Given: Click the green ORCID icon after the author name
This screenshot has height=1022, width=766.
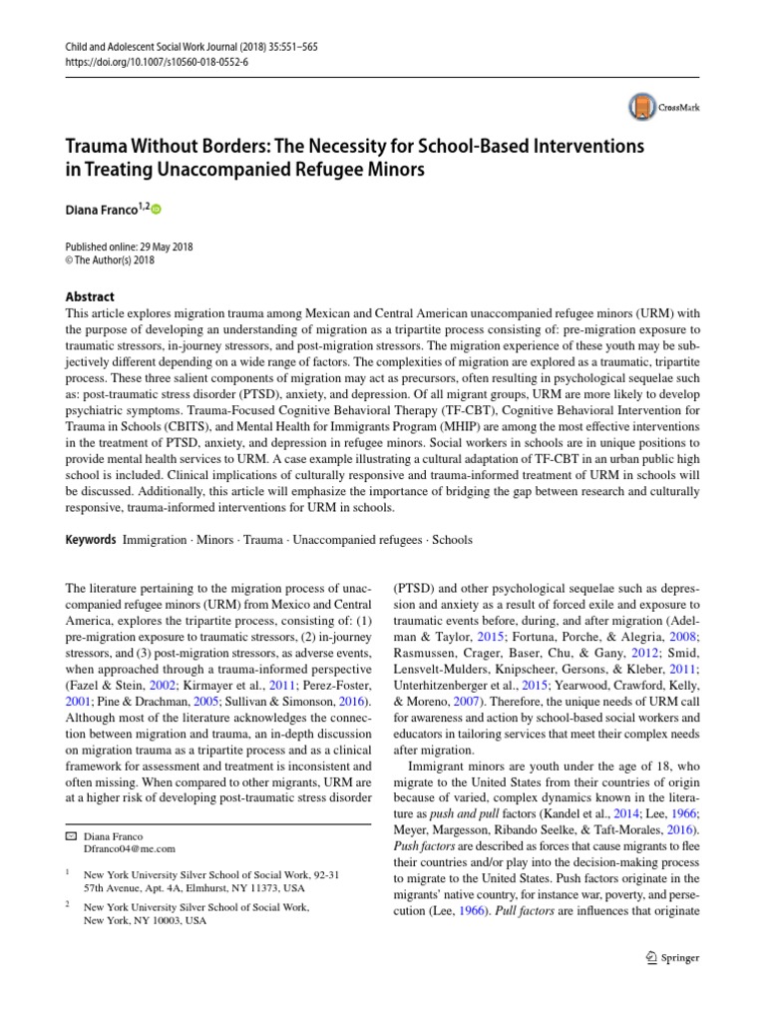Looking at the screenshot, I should coord(156,210).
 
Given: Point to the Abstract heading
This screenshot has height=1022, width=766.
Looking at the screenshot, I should coord(88,296).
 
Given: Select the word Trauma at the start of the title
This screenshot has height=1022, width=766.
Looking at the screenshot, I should coord(97,147).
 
